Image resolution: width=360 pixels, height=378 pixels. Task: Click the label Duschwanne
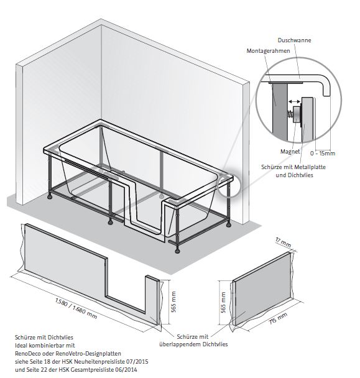point(294,40)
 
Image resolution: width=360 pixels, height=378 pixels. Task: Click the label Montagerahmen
point(268,51)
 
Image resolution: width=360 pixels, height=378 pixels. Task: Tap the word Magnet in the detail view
point(290,152)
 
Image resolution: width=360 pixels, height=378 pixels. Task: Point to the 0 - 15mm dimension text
point(323,153)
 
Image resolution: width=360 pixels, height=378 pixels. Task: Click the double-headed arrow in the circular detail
point(295,101)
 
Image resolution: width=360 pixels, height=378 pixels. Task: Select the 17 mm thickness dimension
point(283,242)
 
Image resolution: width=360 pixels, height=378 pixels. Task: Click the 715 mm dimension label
point(278,318)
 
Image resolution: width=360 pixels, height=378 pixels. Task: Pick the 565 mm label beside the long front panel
point(173,302)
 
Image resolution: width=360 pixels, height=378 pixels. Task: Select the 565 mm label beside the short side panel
point(223,303)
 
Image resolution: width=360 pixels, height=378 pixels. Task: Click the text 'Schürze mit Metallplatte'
point(293,167)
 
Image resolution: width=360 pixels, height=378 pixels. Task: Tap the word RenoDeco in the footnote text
point(27,353)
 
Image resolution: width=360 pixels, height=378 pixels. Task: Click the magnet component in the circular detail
point(295,115)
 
